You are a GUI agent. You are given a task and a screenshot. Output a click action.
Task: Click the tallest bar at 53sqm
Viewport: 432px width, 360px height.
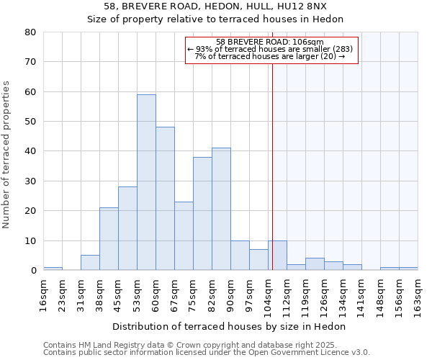(146, 182)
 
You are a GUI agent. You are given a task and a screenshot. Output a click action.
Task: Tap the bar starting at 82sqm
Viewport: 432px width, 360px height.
(221, 209)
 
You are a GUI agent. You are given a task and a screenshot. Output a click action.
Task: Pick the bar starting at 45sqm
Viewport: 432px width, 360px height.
(127, 228)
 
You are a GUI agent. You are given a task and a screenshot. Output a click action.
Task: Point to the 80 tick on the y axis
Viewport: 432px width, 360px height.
(30, 32)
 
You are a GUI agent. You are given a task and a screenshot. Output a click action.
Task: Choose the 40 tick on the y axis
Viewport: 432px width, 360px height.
(30, 151)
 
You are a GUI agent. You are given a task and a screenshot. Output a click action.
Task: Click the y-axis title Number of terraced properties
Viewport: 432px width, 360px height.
(6, 155)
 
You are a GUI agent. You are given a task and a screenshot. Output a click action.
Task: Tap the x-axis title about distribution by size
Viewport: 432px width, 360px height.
(230, 326)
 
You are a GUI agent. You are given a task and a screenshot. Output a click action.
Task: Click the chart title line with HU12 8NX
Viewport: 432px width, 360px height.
(215, 6)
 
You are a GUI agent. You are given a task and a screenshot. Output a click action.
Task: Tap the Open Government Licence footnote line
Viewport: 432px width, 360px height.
(207, 352)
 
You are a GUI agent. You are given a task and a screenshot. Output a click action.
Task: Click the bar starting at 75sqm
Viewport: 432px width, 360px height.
(202, 213)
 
